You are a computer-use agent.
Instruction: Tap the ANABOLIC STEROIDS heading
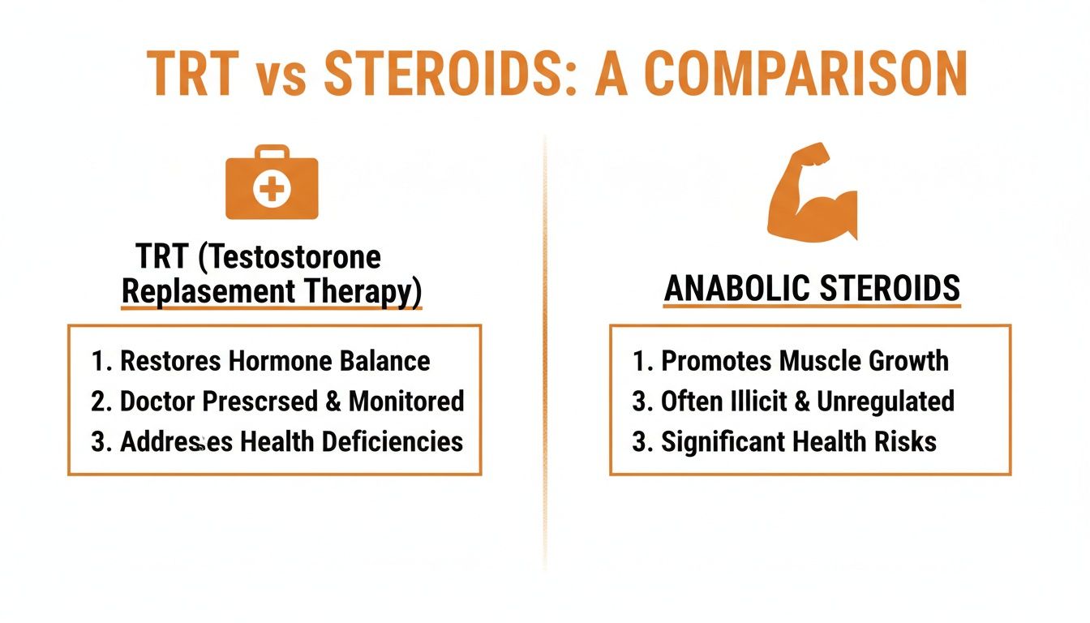[812, 289]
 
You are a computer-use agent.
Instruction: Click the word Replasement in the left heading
[193, 293]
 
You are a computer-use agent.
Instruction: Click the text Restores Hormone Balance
[275, 361]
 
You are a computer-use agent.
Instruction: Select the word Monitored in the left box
[407, 401]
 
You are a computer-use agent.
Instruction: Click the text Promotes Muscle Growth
[805, 361]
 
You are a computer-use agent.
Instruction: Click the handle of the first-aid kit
[272, 152]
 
